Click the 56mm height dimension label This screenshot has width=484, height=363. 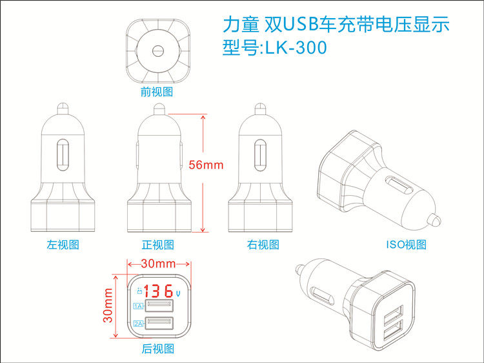[206, 165]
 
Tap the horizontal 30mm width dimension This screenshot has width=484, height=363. [158, 264]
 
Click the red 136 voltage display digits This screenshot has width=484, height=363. [158, 291]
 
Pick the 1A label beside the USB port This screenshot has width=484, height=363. [137, 307]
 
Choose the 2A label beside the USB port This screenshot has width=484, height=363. [137, 324]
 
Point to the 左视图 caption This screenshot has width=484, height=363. [63, 245]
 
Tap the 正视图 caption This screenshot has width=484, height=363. [158, 245]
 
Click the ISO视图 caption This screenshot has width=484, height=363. [406, 245]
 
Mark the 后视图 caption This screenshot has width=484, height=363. [158, 349]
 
